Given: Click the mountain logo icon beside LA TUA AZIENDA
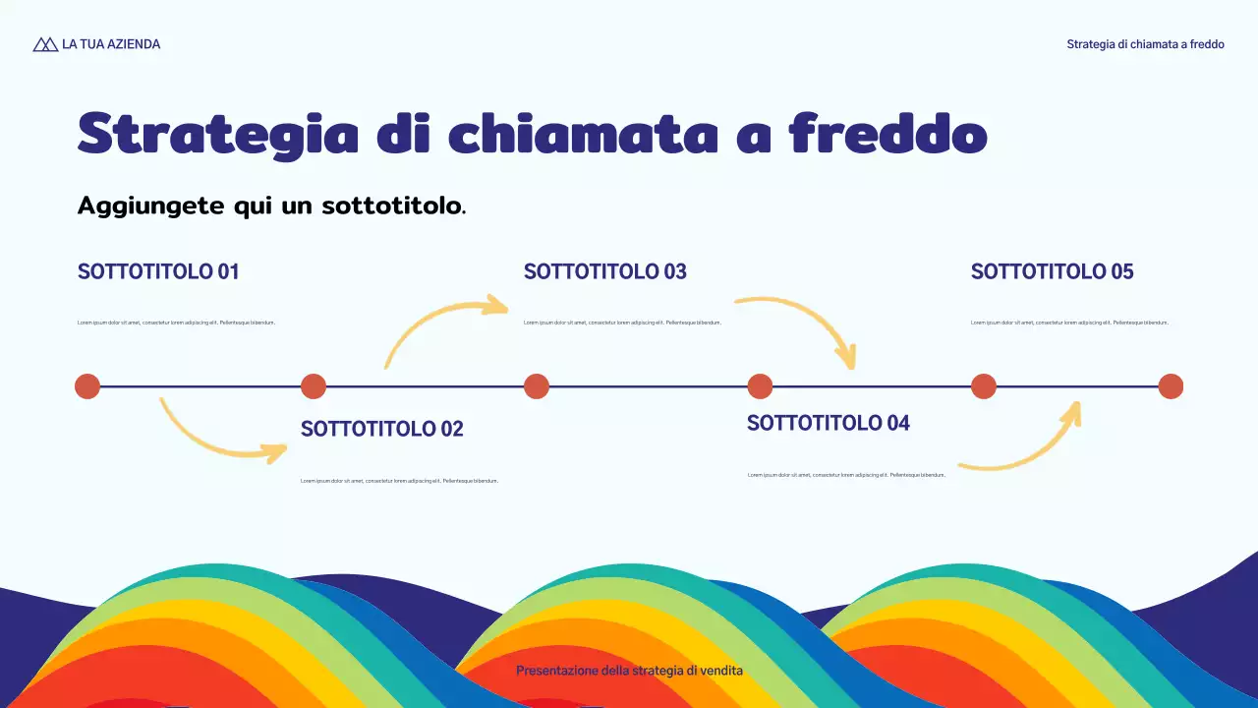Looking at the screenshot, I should click(45, 44).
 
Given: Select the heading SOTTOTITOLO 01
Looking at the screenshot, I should click(158, 271).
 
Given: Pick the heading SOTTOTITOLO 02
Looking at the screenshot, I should click(381, 429).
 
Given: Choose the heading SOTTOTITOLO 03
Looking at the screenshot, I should click(604, 271).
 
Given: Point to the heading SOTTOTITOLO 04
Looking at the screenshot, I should click(828, 423).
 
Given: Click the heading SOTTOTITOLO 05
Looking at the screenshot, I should click(1052, 271).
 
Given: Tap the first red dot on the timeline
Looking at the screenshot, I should click(87, 386).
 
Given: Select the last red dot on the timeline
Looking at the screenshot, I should click(1171, 386).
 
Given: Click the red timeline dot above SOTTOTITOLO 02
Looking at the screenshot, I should click(313, 386).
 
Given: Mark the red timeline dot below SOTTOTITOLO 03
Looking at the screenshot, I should click(537, 386).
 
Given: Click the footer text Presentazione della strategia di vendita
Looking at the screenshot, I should click(629, 671).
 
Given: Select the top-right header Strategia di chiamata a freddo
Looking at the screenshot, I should click(1145, 44).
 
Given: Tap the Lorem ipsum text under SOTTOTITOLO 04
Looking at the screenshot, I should click(846, 475).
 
